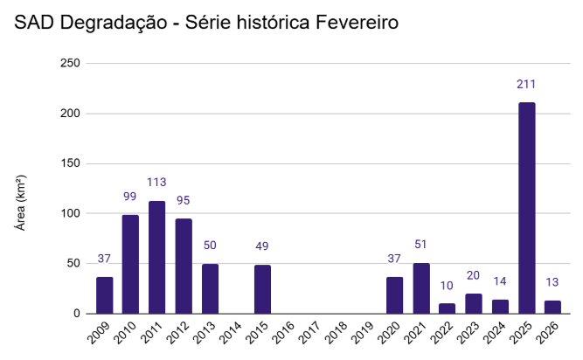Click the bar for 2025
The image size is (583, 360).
pyautogui.click(x=526, y=208)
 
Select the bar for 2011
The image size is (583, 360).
pyautogui.click(x=157, y=257)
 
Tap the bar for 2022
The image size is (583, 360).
pyautogui.click(x=448, y=308)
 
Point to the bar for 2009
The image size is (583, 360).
pyautogui.click(x=105, y=295)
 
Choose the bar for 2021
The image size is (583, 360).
pyautogui.click(x=421, y=288)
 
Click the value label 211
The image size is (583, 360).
pyautogui.click(x=526, y=85)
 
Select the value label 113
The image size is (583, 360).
pyautogui.click(x=157, y=183)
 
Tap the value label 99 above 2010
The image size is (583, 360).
pyautogui.click(x=131, y=197)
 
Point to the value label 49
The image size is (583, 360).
pyautogui.click(x=262, y=246)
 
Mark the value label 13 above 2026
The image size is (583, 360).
pyautogui.click(x=552, y=282)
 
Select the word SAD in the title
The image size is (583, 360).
pyautogui.click(x=32, y=23)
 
